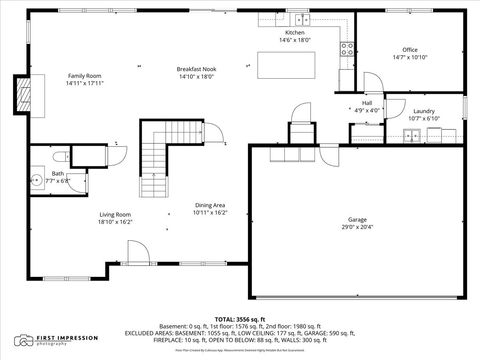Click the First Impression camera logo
click(x=23, y=341)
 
